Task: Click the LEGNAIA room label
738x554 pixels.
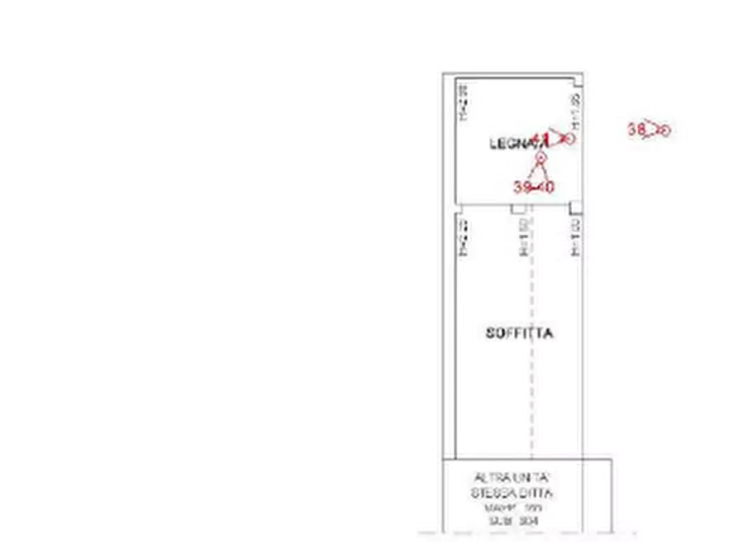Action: [508, 143]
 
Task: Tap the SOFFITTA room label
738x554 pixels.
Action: [520, 333]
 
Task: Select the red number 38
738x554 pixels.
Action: [636, 129]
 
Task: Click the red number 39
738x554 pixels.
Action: [521, 188]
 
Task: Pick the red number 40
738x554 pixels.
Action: [545, 188]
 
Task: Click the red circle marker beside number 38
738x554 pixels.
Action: [663, 130]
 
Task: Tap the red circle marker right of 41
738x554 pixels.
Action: [569, 138]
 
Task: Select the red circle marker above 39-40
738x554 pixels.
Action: [540, 156]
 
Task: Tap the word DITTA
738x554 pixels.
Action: [537, 494]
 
